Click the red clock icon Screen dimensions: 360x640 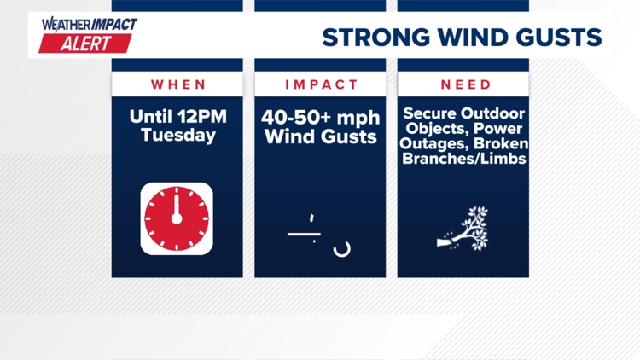pos(177,218)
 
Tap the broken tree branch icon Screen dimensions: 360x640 pos(463,229)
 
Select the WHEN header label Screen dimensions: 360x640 pos(178,84)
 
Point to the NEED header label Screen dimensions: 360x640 pos(465,84)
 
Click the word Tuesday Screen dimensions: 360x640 pos(178,135)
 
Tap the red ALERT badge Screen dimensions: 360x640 pos(85,44)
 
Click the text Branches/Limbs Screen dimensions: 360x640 pos(465,160)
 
